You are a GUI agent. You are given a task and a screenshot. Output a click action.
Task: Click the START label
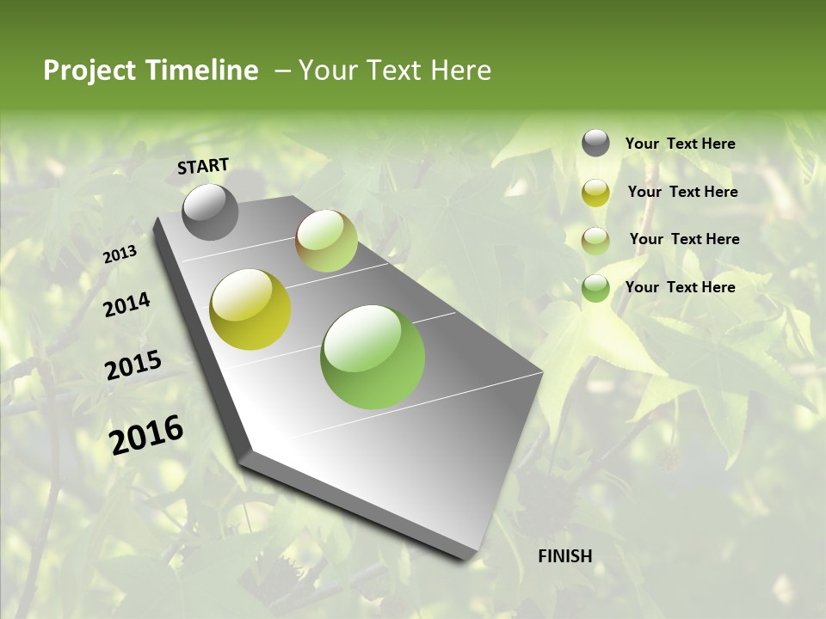pos(203,166)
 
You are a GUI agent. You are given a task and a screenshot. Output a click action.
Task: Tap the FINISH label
pos(564,556)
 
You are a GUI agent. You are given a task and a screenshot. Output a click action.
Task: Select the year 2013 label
pos(120,254)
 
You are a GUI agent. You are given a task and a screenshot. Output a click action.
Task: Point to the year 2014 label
pos(126,304)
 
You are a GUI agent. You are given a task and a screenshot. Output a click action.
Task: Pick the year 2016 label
pos(146,434)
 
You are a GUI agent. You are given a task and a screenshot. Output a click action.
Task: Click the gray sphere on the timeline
pos(210,212)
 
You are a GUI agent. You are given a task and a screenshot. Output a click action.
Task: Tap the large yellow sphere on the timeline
pos(250,309)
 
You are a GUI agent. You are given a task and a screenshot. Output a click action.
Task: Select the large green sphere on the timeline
pos(373,357)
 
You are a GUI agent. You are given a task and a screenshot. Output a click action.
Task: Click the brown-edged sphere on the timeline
pos(326,241)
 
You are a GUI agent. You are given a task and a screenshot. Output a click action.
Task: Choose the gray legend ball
pos(595,144)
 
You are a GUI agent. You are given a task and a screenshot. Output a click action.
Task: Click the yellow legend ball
pos(595,193)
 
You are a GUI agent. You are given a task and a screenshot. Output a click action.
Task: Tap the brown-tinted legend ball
pos(595,240)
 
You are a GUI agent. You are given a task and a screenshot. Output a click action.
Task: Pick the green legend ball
pos(595,288)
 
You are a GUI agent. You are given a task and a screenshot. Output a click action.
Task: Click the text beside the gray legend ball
pos(680,144)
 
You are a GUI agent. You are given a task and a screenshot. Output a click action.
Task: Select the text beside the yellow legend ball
pos(682,192)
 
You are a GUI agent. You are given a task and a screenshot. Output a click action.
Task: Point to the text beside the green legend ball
pos(680,287)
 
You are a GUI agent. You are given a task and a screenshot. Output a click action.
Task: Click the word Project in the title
pos(89,70)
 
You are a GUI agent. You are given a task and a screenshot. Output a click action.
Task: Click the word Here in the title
pos(460,70)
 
